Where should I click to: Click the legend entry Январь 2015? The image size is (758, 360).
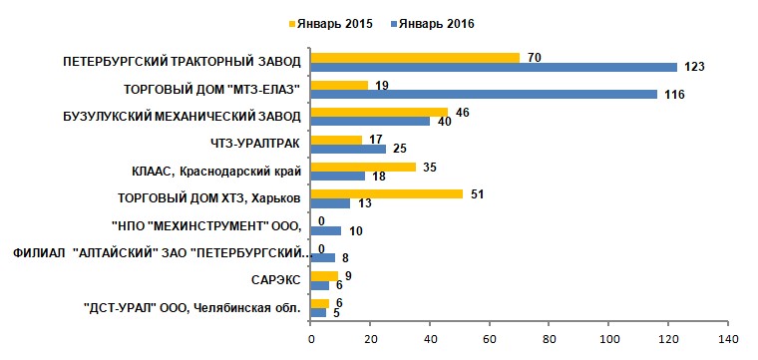(331, 24)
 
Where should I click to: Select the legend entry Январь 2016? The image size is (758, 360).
(433, 24)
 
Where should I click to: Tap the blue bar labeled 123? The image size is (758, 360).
(494, 67)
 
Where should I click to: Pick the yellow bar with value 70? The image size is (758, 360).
(415, 58)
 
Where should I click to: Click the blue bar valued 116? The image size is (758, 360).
(484, 94)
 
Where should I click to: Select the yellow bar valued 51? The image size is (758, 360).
(386, 194)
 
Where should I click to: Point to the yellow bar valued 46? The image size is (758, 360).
(379, 113)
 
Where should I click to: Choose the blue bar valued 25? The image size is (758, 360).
(348, 150)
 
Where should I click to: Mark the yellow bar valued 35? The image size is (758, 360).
(363, 168)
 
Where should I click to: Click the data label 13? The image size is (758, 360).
(364, 203)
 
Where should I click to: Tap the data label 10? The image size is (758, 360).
(355, 231)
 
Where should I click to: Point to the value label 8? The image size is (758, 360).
(345, 258)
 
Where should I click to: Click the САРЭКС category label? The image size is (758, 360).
(276, 281)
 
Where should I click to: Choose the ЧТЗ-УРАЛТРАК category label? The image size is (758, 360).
(248, 144)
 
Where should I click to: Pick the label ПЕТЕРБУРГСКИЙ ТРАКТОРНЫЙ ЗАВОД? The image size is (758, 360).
(182, 63)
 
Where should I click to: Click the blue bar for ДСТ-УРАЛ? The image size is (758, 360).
(318, 313)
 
